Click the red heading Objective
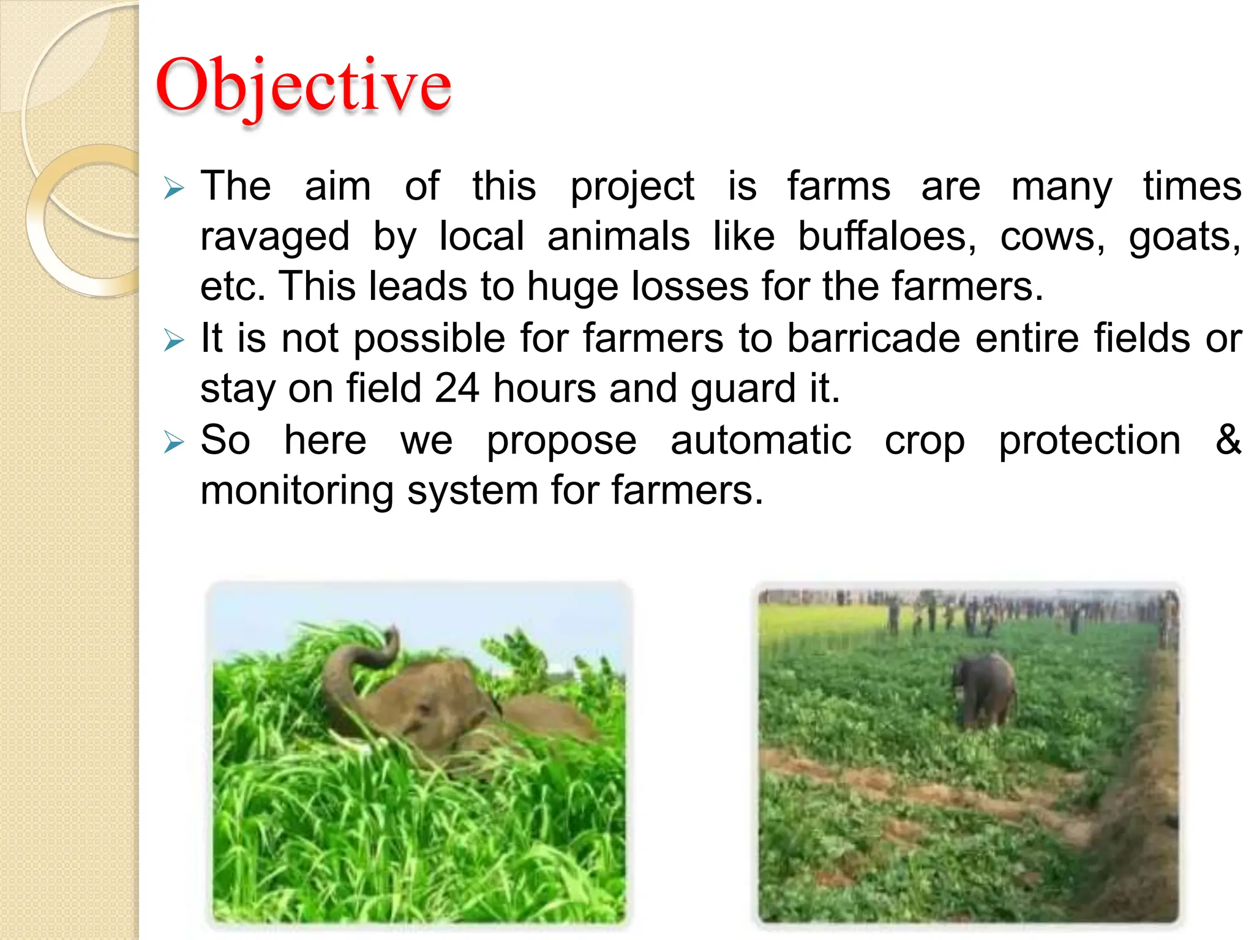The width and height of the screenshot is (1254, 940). [303, 86]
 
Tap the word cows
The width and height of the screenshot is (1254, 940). [1052, 237]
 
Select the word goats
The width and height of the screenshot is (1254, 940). [1184, 237]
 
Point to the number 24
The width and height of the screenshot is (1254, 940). [456, 389]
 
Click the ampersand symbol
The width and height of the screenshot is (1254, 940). [1228, 439]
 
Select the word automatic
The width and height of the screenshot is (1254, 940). [760, 440]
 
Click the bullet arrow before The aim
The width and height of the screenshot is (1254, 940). [174, 188]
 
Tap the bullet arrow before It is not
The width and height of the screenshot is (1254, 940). [174, 340]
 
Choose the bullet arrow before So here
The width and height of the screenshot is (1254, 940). [174, 442]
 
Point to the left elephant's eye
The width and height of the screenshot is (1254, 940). [421, 712]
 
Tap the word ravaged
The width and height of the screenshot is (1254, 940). [275, 237]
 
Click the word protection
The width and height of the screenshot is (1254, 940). [1089, 440]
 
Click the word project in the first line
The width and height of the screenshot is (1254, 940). [632, 187]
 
